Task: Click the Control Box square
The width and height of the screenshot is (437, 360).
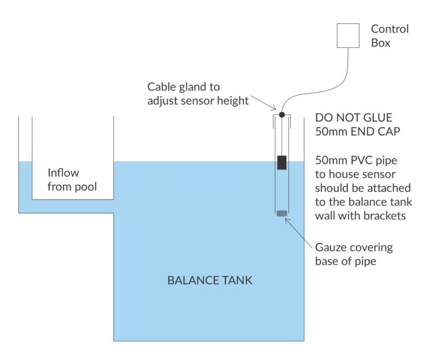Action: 348,35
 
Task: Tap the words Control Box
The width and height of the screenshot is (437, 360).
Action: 390,35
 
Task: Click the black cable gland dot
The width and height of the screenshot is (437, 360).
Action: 282,115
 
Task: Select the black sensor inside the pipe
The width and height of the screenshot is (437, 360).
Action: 282,162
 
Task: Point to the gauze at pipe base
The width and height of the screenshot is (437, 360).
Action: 282,213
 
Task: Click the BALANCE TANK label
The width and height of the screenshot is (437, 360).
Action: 209,280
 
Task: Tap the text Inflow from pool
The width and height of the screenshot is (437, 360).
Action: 63,179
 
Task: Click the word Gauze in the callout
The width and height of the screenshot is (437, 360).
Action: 332,248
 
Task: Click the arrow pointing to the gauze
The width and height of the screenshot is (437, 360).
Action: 299,232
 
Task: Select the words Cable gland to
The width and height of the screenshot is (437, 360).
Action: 183,87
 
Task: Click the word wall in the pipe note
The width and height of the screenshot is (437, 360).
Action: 327,216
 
